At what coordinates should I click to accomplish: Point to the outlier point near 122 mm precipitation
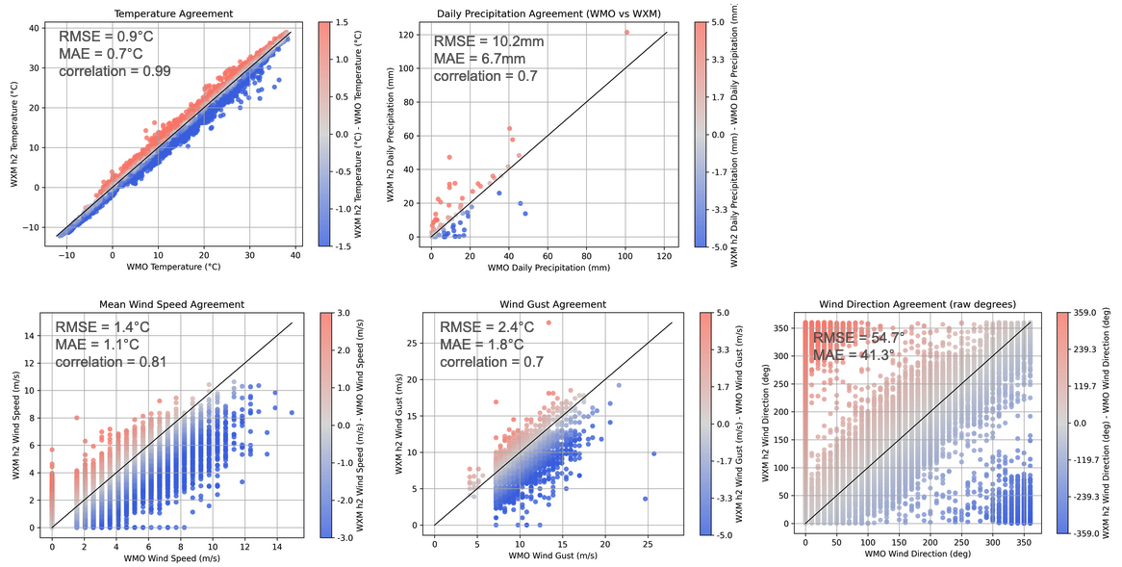point(626,32)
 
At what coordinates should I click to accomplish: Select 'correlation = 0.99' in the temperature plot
point(116,70)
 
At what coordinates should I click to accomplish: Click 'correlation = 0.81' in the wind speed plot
point(111,362)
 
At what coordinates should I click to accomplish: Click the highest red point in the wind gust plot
point(548,322)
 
